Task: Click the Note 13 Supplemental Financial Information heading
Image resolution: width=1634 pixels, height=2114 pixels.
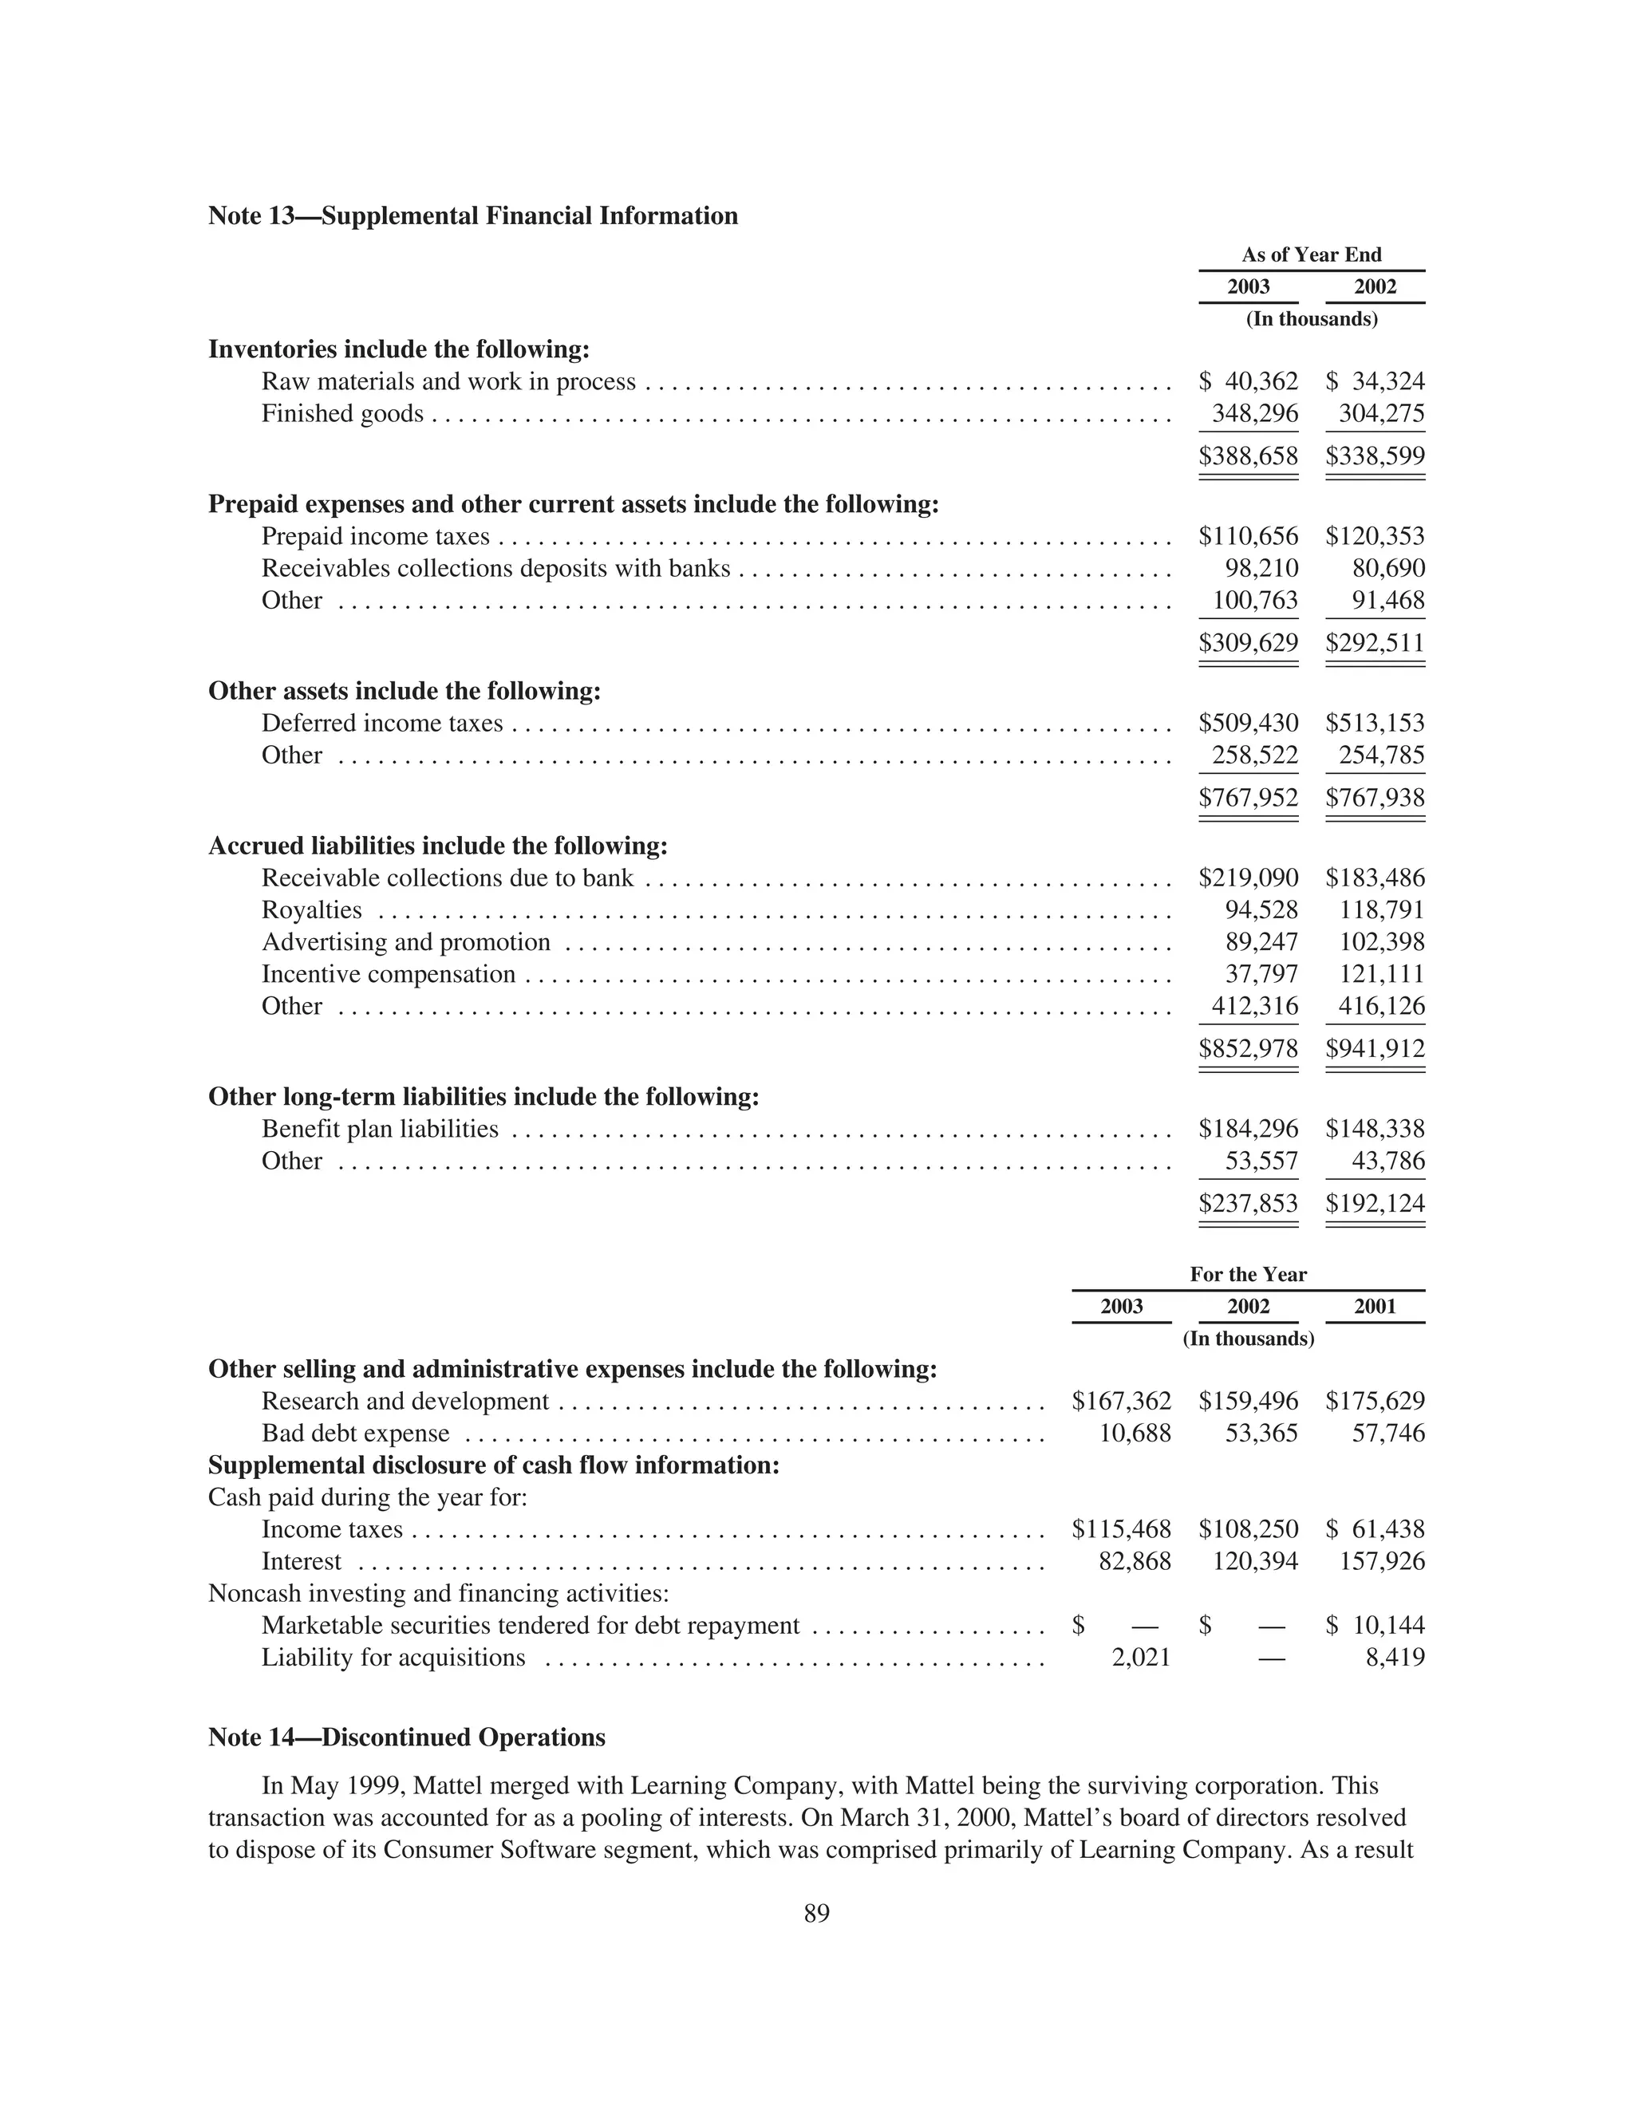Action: tap(472, 216)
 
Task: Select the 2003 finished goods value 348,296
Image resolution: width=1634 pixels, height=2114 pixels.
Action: tap(1254, 414)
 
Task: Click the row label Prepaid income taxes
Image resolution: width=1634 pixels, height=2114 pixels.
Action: tap(376, 536)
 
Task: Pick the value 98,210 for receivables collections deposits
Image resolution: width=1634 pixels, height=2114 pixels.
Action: tap(1261, 568)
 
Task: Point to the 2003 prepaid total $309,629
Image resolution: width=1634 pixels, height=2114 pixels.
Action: tap(1248, 643)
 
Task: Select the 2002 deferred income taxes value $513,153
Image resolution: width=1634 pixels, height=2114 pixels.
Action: tap(1375, 723)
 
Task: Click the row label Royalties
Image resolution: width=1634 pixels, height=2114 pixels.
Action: tap(312, 910)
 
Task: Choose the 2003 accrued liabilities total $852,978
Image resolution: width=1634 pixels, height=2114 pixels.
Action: tap(1248, 1048)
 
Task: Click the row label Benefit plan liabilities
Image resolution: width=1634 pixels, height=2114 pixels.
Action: tap(380, 1129)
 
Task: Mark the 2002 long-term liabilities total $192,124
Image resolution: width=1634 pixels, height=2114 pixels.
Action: tap(1375, 1203)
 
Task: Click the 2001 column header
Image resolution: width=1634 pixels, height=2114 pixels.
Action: tap(1375, 1307)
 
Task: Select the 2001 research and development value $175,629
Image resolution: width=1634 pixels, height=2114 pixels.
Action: tap(1375, 1401)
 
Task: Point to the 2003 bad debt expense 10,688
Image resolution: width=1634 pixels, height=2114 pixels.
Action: tap(1135, 1433)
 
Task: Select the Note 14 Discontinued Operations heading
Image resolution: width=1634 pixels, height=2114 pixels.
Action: tap(407, 1737)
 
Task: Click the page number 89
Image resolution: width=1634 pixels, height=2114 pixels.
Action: tap(816, 1914)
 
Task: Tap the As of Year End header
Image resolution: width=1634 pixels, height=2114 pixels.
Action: tap(1311, 254)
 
